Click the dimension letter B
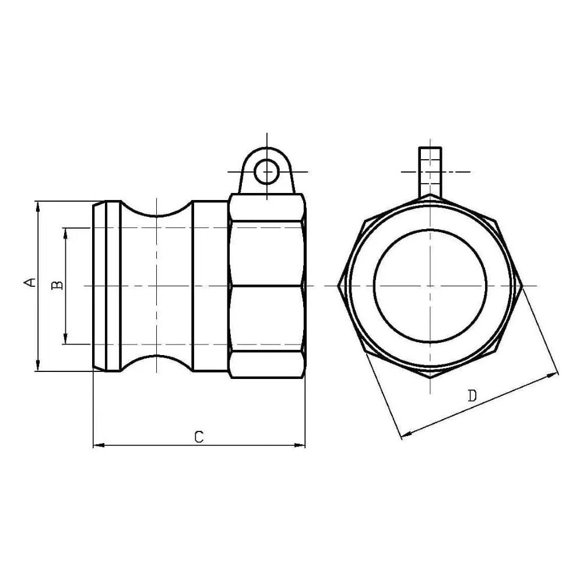pyautogui.click(x=57, y=285)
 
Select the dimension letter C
pyautogui.click(x=199, y=437)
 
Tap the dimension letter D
pyautogui.click(x=472, y=396)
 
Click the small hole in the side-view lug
pyautogui.click(x=266, y=172)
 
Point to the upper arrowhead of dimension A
pyautogui.click(x=37, y=208)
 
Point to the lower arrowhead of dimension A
pyautogui.click(x=37, y=365)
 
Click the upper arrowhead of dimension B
pyautogui.click(x=66, y=234)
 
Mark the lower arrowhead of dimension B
pyautogui.click(x=66, y=338)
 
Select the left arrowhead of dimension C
pyautogui.click(x=99, y=445)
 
